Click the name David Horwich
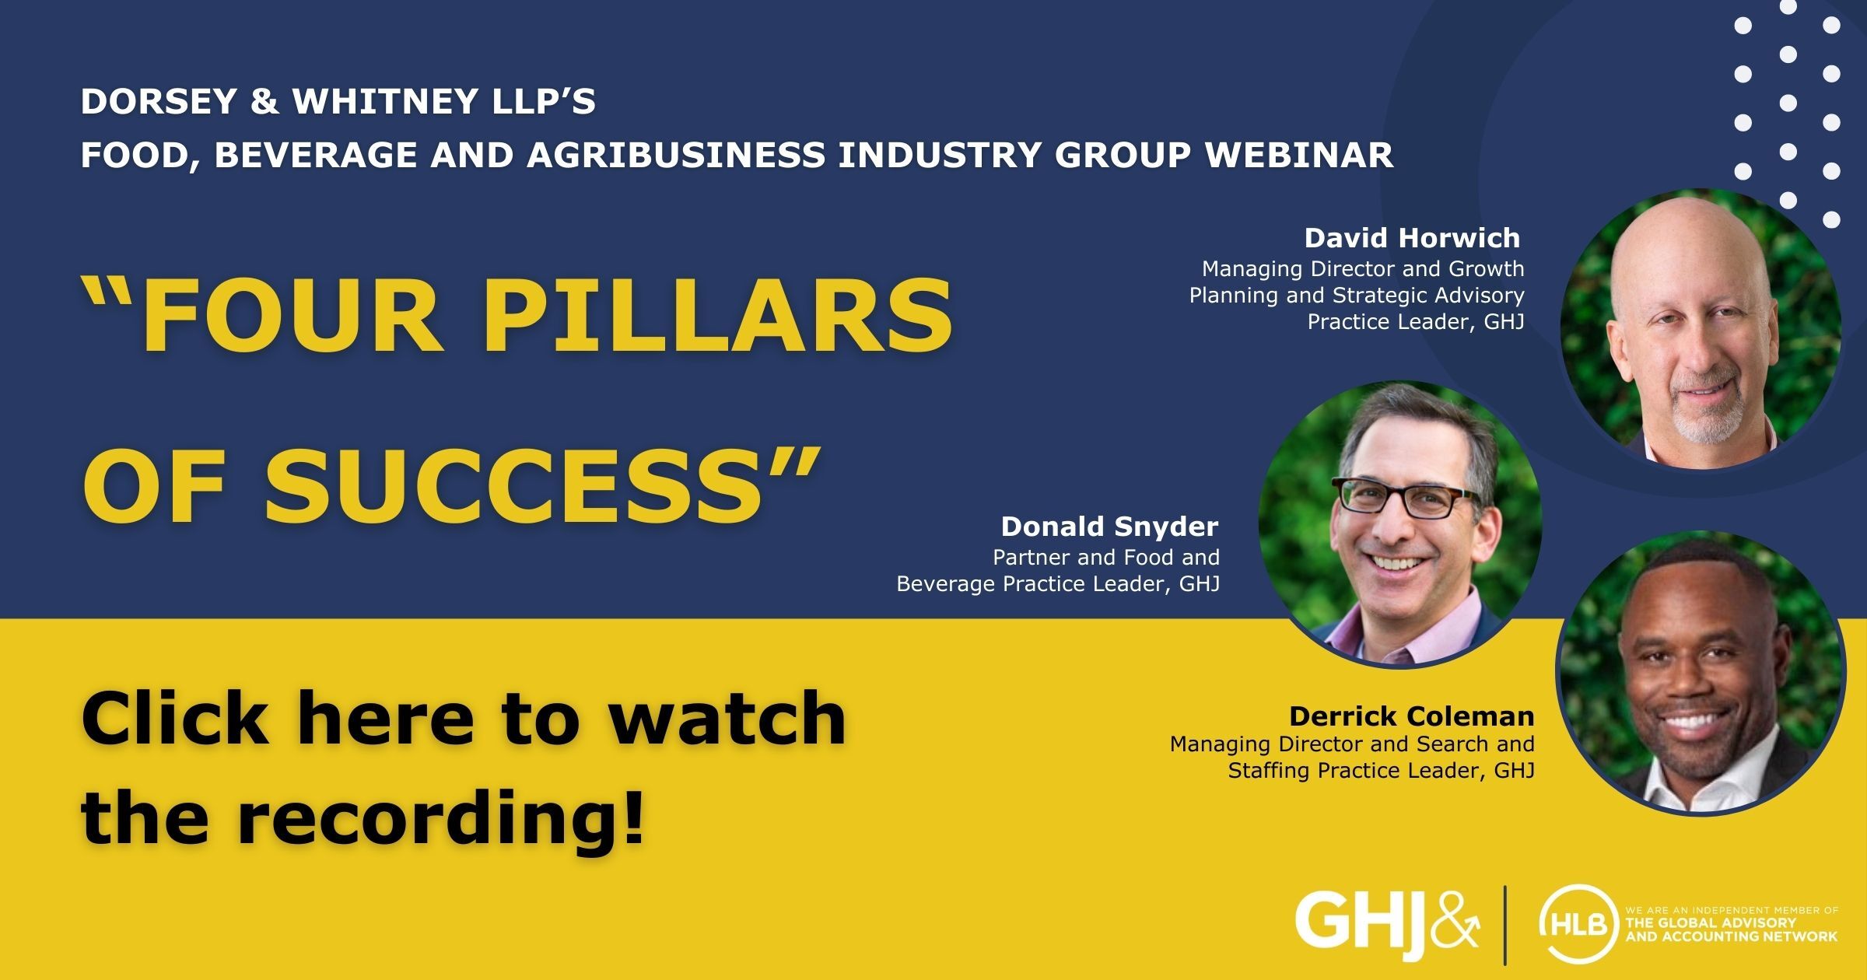(1412, 238)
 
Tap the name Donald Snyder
(1109, 527)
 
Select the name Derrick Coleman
(1411, 716)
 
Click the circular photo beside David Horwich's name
(1701, 330)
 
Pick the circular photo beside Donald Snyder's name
(1400, 524)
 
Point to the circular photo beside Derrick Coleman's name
(1701, 674)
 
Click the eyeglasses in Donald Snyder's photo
(1405, 498)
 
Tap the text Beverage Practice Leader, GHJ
(1058, 584)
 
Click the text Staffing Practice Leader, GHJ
(1381, 771)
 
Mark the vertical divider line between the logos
(1505, 924)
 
